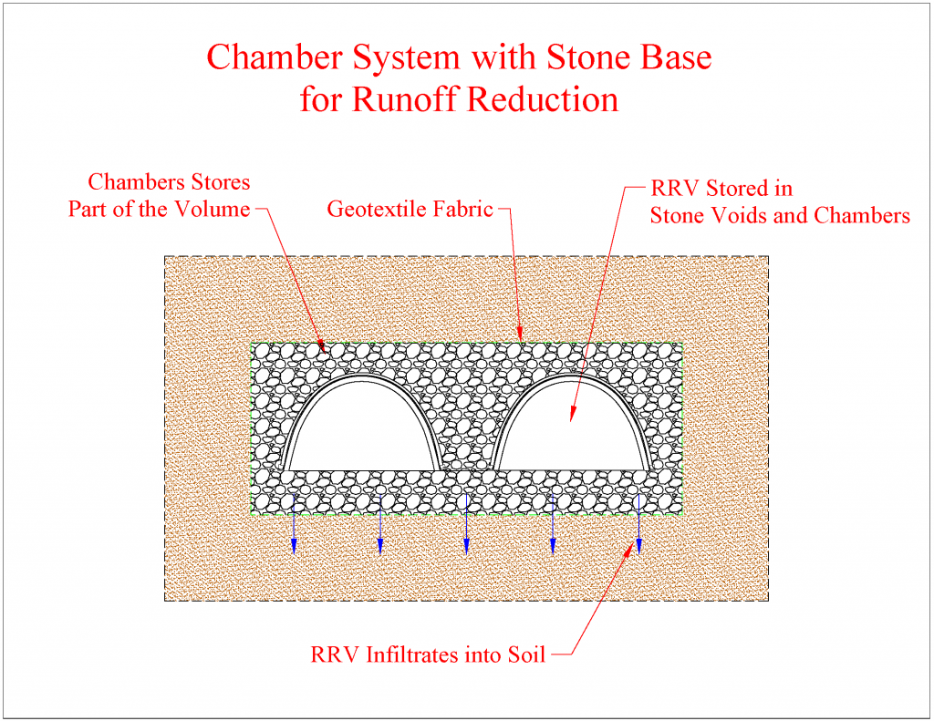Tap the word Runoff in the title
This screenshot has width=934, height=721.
(398, 98)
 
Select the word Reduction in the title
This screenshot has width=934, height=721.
(542, 98)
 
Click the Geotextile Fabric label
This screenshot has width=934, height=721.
(410, 209)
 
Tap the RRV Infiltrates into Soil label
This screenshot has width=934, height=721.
(428, 654)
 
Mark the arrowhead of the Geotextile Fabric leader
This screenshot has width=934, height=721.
(520, 337)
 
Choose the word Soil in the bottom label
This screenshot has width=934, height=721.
(525, 654)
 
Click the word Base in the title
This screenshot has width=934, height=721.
(680, 57)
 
